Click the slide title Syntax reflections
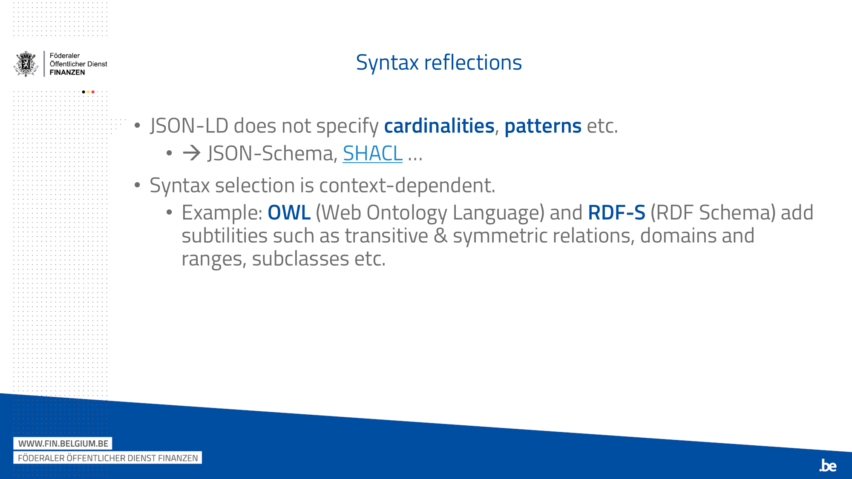(438, 63)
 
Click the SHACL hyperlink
(372, 153)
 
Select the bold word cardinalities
(439, 126)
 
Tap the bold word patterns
(543, 126)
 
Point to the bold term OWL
(289, 212)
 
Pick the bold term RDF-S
(616, 212)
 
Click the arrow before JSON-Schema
(192, 153)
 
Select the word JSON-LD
(189, 126)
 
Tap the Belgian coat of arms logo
(26, 64)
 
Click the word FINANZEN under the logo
(67, 72)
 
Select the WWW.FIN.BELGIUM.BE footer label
(63, 444)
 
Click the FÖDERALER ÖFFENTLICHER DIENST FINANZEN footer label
(108, 458)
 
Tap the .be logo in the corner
(828, 465)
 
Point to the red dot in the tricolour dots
(93, 92)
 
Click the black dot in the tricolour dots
(83, 92)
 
